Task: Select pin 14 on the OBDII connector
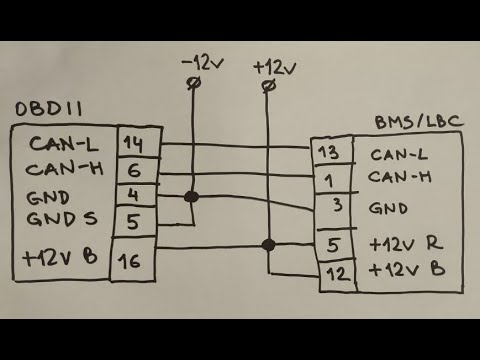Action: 133,143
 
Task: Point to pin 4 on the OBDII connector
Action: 133,192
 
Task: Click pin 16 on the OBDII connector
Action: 133,262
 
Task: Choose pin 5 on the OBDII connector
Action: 133,219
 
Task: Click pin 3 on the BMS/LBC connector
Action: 336,208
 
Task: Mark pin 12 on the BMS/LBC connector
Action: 336,272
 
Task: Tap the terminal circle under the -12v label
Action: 191,86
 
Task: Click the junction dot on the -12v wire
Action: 192,198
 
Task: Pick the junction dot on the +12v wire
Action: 267,244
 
